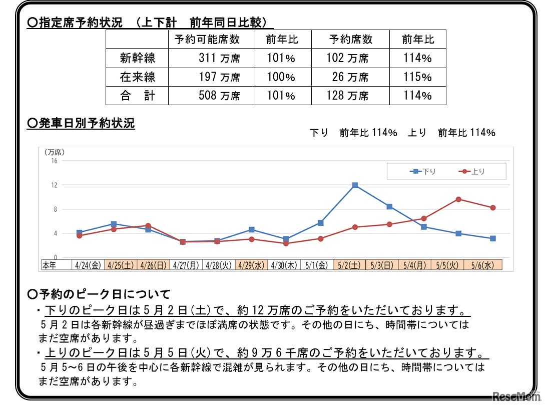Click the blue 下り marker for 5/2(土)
[355, 185]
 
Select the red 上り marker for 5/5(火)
[458, 199]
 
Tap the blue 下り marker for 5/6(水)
[492, 238]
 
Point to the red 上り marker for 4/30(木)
[286, 243]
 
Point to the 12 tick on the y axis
[54, 185]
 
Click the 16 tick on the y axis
[54, 161]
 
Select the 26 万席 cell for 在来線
[350, 77]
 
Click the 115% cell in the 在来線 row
[417, 77]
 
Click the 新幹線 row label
[138, 58]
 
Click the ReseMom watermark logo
[517, 396]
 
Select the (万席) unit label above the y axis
[54, 152]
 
